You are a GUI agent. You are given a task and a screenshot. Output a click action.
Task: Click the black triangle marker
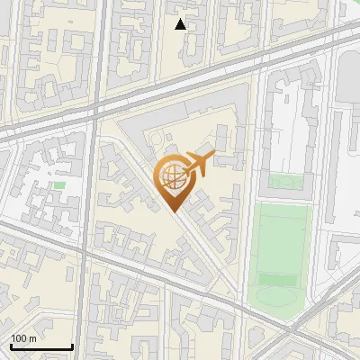[x=181, y=24]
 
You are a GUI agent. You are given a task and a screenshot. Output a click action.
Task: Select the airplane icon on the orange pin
[x=197, y=166]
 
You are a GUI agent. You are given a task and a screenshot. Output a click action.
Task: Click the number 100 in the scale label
[x=19, y=338]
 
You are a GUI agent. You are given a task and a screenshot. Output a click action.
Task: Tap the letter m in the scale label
[x=33, y=338]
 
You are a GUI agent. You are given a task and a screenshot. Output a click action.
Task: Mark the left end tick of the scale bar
[x=11, y=346]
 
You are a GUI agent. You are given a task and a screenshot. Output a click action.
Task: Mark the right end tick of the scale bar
[x=72, y=346]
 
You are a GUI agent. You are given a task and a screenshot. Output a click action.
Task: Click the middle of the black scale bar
[x=41, y=347]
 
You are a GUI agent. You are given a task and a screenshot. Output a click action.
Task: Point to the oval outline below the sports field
[x=275, y=296]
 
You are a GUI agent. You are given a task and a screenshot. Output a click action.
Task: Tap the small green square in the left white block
[x=59, y=185]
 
